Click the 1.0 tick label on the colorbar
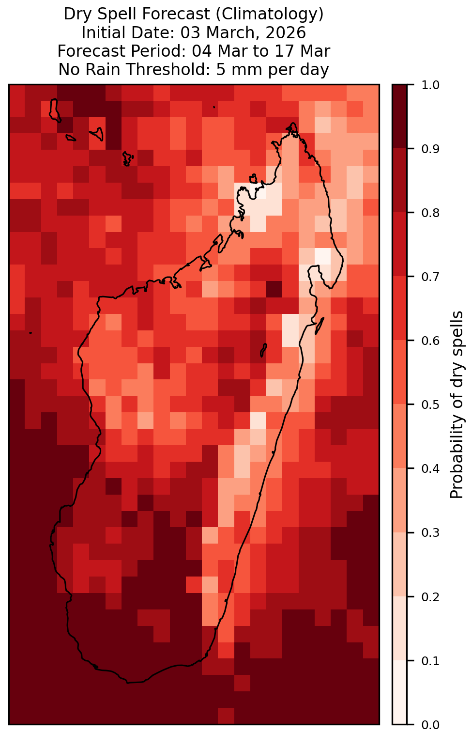pos(430,85)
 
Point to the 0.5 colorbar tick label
pos(430,405)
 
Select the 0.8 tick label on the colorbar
pos(430,213)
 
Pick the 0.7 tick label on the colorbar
pos(430,277)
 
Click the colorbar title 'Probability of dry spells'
pos(457,405)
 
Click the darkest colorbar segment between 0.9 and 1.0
pos(400,117)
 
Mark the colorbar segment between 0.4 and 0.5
pos(400,437)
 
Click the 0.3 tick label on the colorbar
pos(430,533)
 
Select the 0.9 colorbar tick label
pos(430,149)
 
